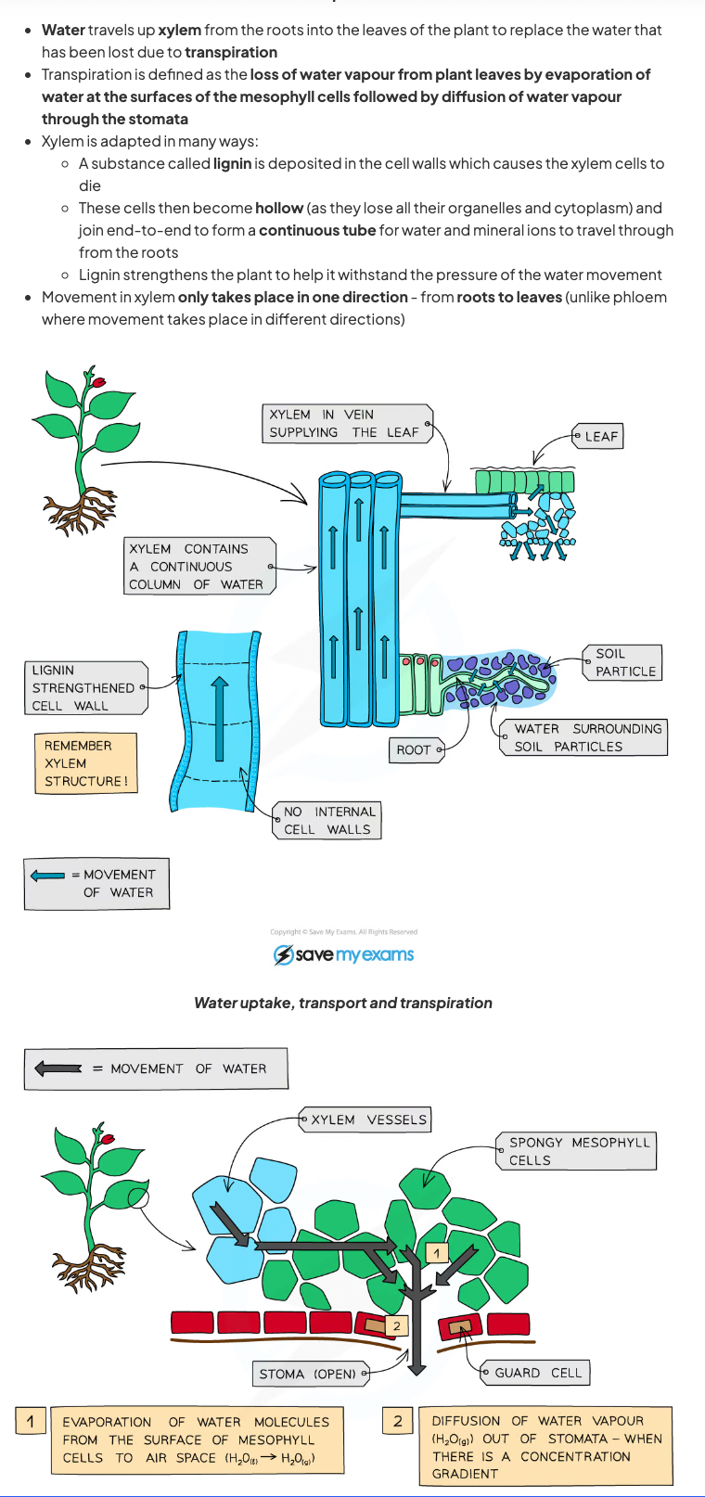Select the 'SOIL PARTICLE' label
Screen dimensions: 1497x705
pos(623,663)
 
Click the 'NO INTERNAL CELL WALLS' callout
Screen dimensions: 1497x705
pos(328,821)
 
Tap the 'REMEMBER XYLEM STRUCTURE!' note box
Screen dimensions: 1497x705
pos(84,763)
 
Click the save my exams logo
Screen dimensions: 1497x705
pos(343,954)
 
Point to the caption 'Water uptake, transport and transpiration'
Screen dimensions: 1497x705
pos(343,1003)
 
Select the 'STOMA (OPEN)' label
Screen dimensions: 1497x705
pos(308,1374)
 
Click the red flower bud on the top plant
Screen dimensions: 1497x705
pos(99,381)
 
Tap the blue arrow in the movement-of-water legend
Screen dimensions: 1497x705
pos(47,876)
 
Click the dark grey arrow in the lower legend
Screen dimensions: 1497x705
pos(58,1068)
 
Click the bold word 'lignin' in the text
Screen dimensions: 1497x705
pos(232,163)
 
